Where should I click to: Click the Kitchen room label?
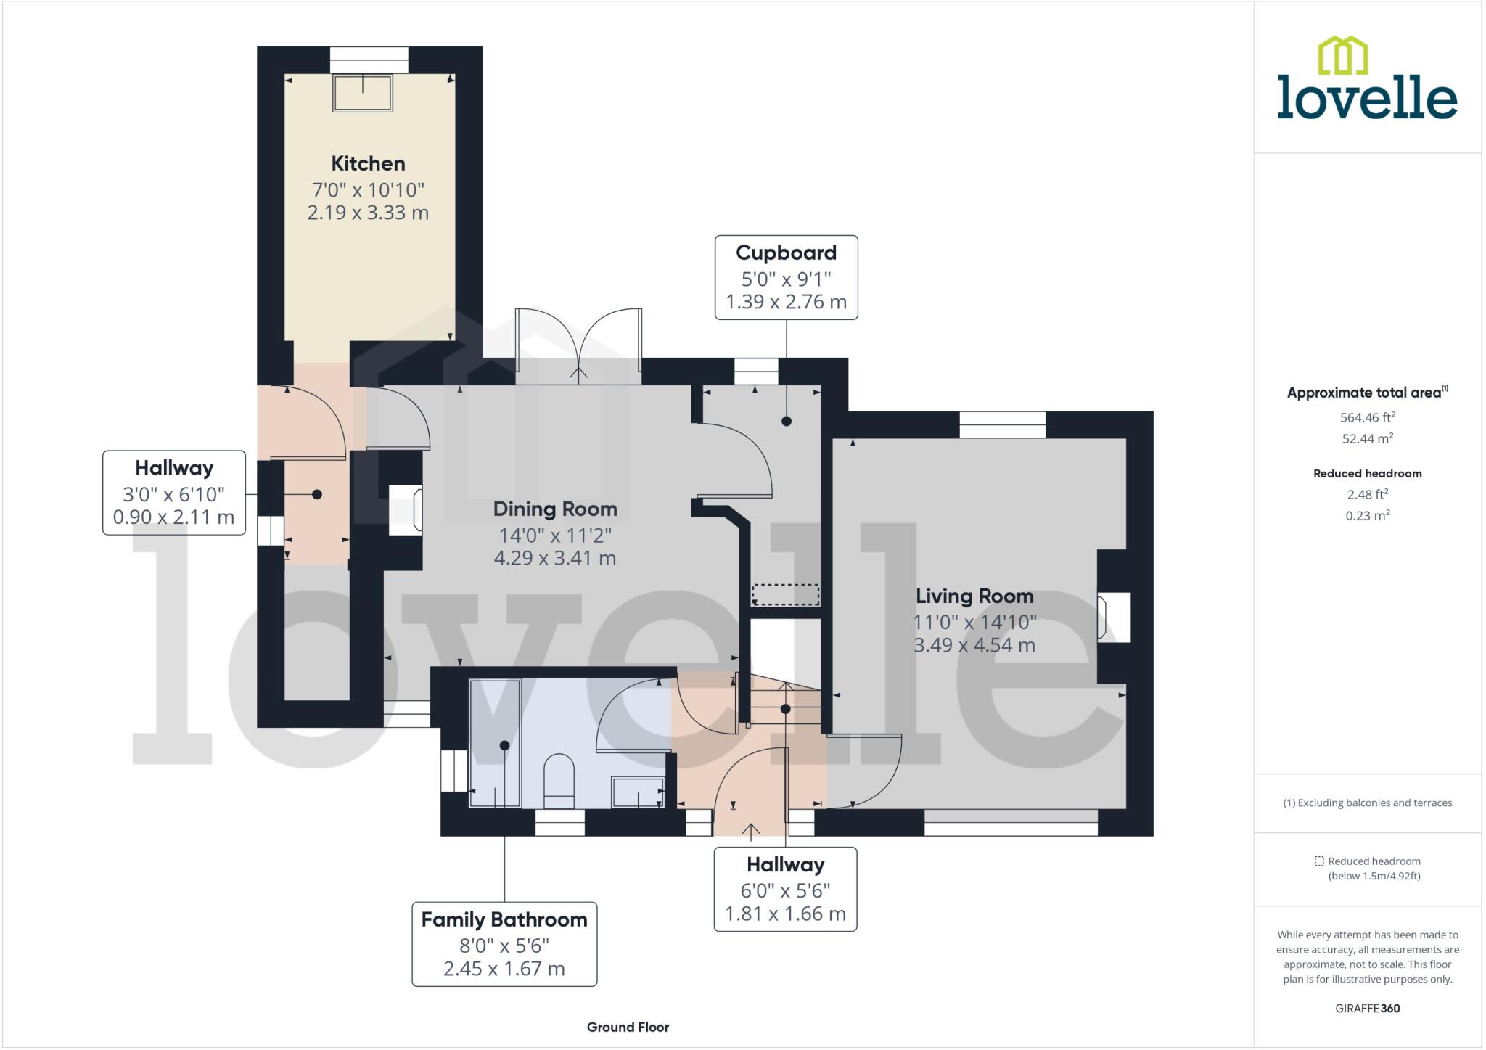pyautogui.click(x=368, y=163)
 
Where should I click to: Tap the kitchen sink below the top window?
pyautogui.click(x=362, y=93)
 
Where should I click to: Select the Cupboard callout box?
pyautogui.click(x=786, y=277)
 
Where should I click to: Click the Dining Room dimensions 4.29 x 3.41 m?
pyautogui.click(x=554, y=558)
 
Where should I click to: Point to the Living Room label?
pyautogui.click(x=974, y=596)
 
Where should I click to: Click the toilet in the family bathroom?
pyautogui.click(x=559, y=781)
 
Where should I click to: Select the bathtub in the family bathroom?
pyautogui.click(x=495, y=743)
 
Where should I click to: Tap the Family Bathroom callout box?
pyautogui.click(x=504, y=943)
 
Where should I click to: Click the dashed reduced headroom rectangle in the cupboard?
pyautogui.click(x=785, y=595)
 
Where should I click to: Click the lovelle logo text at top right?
pyautogui.click(x=1367, y=97)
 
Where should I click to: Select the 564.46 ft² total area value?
pyautogui.click(x=1367, y=417)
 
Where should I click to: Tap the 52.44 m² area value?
pyautogui.click(x=1367, y=438)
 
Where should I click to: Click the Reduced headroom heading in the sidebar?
pyautogui.click(x=1367, y=474)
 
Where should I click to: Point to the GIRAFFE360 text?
pyautogui.click(x=1367, y=1008)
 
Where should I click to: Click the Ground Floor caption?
pyautogui.click(x=628, y=1027)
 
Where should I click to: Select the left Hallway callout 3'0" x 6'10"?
pyautogui.click(x=174, y=493)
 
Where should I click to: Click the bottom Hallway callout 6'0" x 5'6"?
pyautogui.click(x=785, y=889)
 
